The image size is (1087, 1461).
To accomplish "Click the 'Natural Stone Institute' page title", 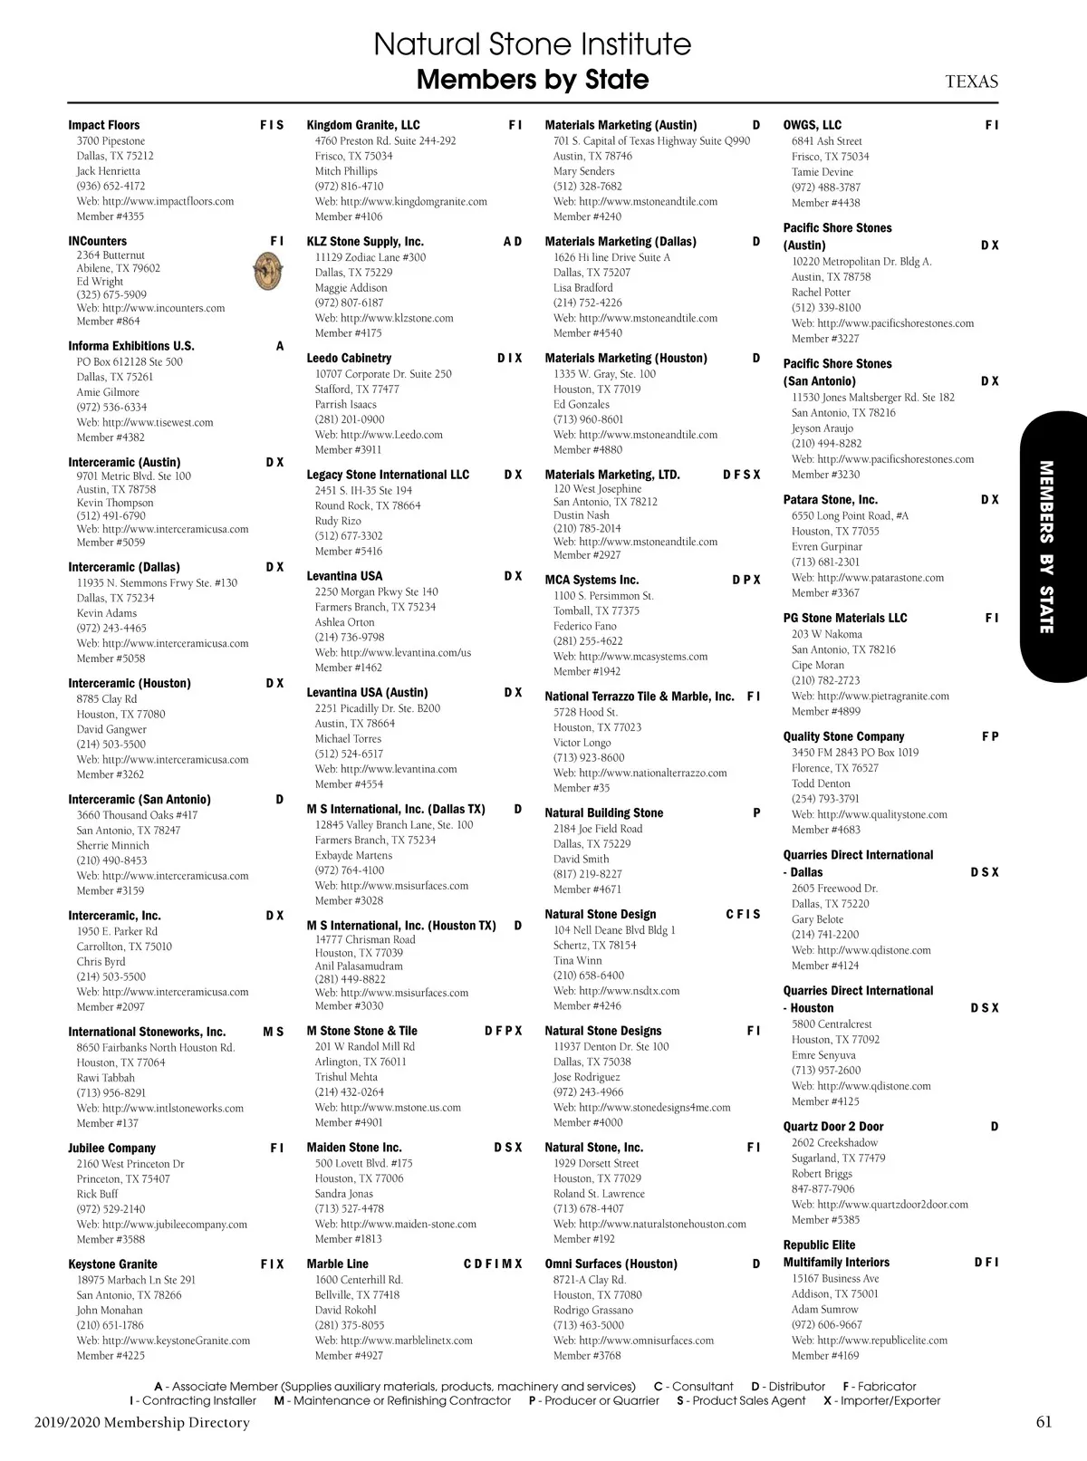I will tap(532, 44).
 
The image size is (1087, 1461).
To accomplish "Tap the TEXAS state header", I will tap(971, 82).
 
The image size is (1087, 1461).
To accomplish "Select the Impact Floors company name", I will tap(104, 125).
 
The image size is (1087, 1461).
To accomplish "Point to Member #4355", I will tap(110, 216).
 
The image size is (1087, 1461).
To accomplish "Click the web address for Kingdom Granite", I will tap(400, 202).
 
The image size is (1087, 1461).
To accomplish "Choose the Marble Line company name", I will tap(337, 1264).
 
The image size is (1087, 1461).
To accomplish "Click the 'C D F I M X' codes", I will tap(493, 1264).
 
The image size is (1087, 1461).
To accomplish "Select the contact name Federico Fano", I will tap(584, 626).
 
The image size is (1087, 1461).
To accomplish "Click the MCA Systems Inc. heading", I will tap(592, 580).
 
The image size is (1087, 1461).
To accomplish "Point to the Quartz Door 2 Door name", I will tap(832, 1127).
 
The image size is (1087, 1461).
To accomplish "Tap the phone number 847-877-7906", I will tap(822, 1189).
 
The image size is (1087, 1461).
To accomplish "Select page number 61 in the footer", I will tap(1044, 1422).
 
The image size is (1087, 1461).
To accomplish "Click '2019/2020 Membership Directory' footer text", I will tap(142, 1422).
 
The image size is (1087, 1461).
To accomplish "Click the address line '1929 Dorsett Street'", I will tap(596, 1163).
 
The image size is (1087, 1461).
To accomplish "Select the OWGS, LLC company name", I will tap(812, 125).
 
